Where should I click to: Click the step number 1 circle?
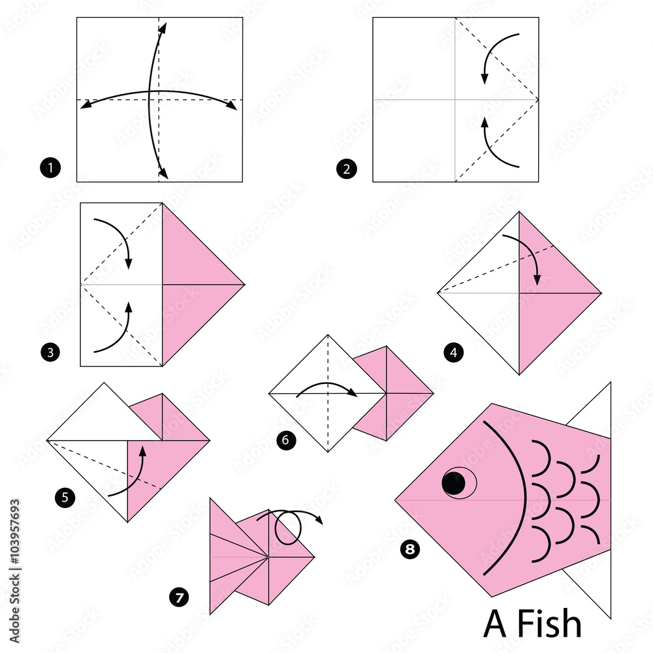pos(50,169)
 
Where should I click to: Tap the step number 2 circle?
pos(346,170)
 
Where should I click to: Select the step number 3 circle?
pos(50,354)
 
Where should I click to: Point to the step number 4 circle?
pos(453,354)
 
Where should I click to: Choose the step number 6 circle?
pos(285,440)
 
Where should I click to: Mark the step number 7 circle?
pos(177,596)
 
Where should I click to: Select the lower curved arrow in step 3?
pos(115,330)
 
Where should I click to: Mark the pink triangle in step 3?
pos(196,284)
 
